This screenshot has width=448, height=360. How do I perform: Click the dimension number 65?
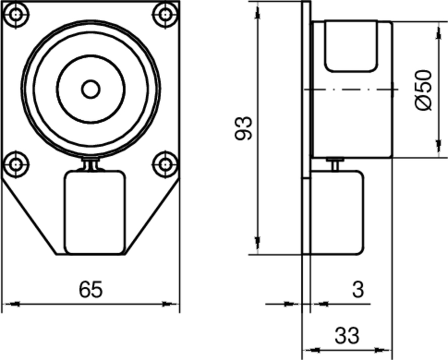pos(91,289)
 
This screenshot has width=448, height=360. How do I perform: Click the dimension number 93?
pos(244,128)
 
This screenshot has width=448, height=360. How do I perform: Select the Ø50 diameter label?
pos(424,90)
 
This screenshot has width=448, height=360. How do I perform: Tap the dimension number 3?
pos(358,289)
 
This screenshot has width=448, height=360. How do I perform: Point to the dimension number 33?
pos(347,336)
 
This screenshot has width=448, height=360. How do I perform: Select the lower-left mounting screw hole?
pos(17,163)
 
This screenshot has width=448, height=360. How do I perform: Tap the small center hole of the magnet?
pos(90,88)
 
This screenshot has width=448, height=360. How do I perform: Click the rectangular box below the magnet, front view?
pos(94,212)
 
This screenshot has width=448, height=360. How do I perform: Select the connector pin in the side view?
pos(335,165)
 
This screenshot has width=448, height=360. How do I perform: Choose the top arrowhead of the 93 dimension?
pos(258,11)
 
